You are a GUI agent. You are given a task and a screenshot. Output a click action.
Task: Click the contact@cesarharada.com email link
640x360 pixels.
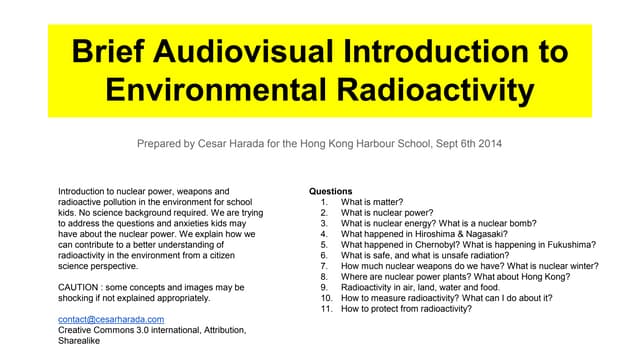(x=113, y=319)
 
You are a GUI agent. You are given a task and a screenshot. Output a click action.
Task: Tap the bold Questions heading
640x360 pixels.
(x=331, y=190)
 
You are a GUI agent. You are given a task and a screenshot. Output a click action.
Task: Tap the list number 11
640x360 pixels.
(x=325, y=309)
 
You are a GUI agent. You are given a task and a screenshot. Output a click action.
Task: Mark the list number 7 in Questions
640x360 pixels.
(x=325, y=266)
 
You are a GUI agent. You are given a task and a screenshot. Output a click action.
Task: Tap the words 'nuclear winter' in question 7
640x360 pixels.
(x=567, y=266)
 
